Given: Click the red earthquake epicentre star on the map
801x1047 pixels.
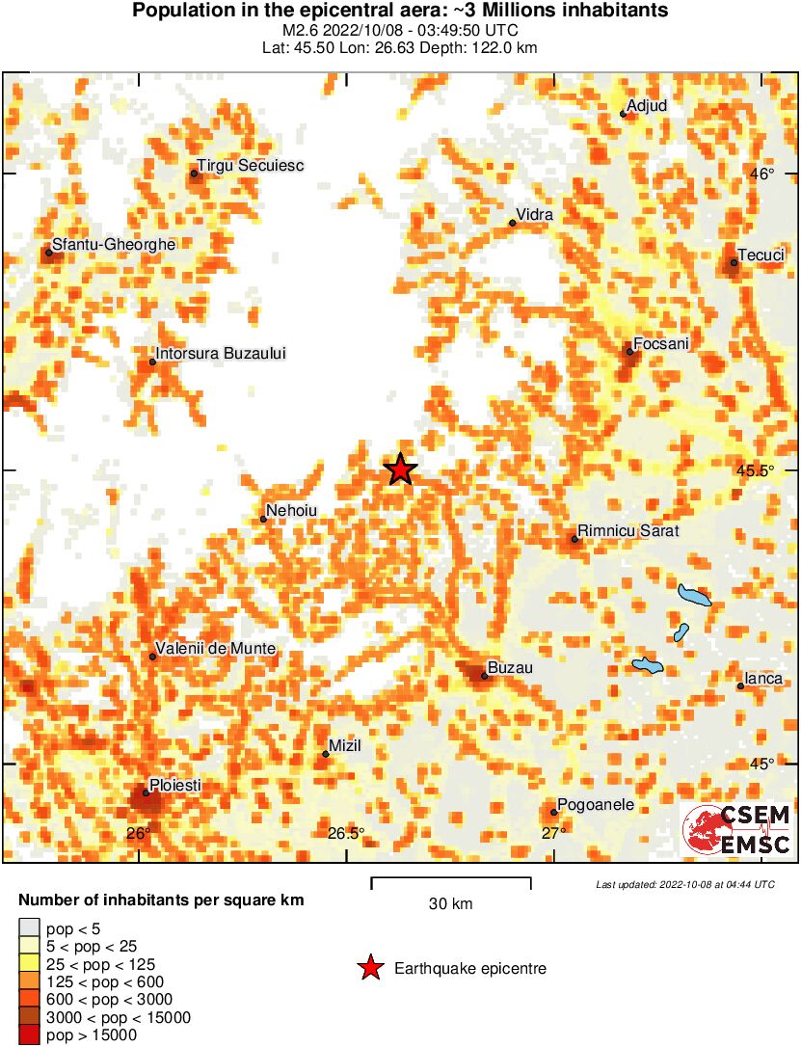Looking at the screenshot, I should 400,470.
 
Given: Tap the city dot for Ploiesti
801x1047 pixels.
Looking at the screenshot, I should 147,793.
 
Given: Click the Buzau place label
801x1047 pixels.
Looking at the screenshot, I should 510,667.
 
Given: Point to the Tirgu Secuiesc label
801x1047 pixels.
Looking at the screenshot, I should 250,166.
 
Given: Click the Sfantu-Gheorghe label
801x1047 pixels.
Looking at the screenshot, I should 113,245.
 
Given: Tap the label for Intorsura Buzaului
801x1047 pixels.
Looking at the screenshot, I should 221,354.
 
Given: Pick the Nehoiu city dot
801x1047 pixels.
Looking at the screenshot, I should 263,520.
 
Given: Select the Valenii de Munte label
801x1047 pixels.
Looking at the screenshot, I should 215,649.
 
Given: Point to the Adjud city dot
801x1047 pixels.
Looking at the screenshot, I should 624,114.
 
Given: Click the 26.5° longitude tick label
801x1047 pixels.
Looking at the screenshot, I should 346,834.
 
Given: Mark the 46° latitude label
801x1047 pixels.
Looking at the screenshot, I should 763,174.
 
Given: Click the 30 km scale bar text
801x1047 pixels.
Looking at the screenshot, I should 450,904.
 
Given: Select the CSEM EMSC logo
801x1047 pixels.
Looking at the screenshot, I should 737,829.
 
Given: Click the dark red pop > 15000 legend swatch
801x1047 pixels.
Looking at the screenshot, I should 29,1036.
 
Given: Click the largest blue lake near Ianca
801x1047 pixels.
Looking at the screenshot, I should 694,595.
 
